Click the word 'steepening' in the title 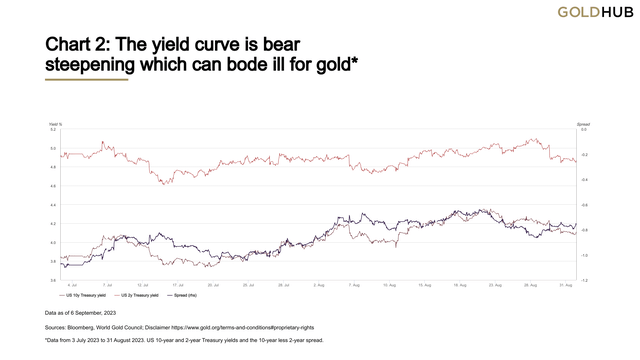[x=101, y=65]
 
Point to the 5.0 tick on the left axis [x=52, y=148]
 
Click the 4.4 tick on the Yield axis [x=52, y=205]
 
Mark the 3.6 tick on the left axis [x=52, y=281]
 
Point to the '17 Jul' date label [x=178, y=285]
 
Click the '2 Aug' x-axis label [x=319, y=285]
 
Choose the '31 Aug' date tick [x=566, y=285]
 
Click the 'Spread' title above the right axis [x=583, y=123]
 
